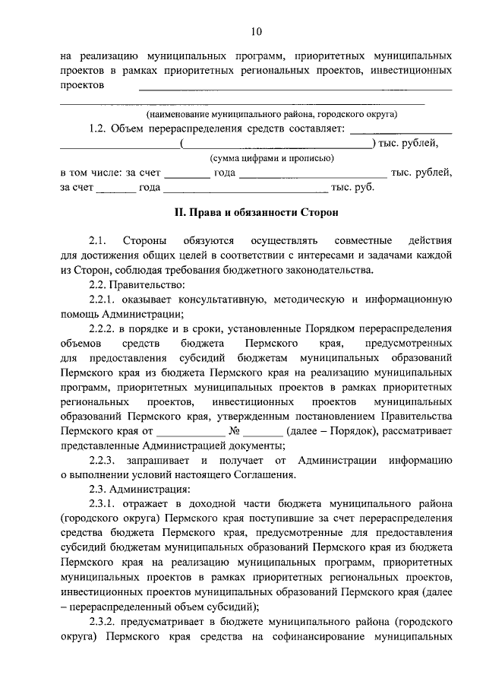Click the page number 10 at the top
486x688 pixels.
255,31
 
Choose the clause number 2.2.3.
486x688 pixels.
103,460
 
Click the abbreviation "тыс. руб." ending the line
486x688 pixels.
352,187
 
